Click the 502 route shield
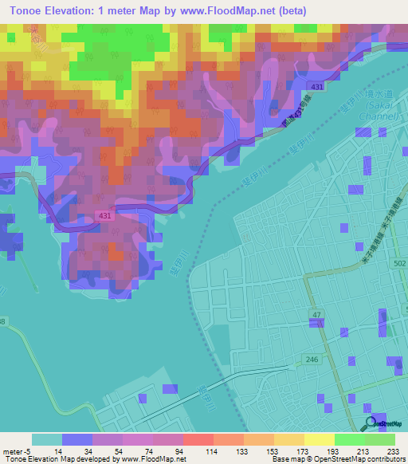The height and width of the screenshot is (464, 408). tap(399, 263)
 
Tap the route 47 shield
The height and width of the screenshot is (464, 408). tap(316, 316)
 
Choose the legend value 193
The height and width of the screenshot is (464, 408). tap(333, 450)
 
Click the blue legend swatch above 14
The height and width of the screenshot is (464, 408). tap(77, 439)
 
